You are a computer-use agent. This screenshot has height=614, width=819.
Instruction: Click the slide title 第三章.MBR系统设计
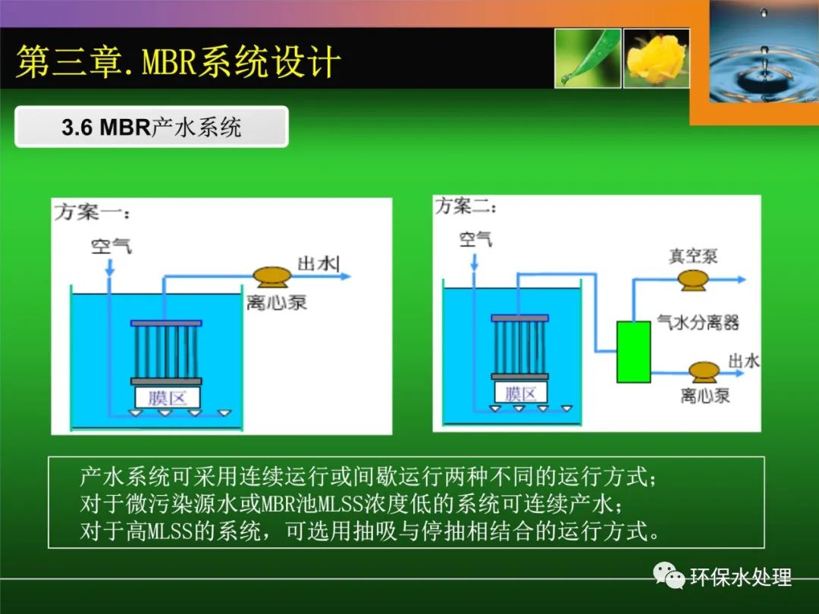coord(179,61)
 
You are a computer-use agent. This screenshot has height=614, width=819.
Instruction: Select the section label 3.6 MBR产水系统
coord(152,127)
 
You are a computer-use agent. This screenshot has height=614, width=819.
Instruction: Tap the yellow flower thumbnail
coord(657,58)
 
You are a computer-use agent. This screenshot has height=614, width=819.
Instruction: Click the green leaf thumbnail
coord(588,58)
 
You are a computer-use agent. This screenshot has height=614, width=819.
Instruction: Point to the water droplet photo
coord(764,52)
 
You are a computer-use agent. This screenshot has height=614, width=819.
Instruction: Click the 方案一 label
coord(92,212)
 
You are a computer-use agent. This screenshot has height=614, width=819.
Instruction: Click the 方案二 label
coord(466,205)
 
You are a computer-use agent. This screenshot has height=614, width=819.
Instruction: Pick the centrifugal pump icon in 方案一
coord(271,277)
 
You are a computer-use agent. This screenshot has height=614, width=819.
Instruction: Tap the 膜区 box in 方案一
coord(167,398)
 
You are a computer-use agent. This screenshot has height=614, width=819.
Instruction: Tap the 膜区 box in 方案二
coord(520,393)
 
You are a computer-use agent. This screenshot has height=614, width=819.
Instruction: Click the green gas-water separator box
coord(633,352)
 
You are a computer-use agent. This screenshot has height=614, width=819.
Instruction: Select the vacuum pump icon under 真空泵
coord(693,279)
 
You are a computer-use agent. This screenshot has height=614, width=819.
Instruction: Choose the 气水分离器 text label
coord(698,322)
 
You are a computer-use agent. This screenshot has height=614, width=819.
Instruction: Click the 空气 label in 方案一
coord(111,246)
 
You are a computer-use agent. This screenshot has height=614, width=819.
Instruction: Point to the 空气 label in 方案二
coord(475,239)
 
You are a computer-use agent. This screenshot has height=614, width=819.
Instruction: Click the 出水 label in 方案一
coord(317,264)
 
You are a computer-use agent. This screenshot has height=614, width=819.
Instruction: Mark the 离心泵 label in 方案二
coord(704,395)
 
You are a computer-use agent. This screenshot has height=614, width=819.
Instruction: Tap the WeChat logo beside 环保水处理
coord(669,575)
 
